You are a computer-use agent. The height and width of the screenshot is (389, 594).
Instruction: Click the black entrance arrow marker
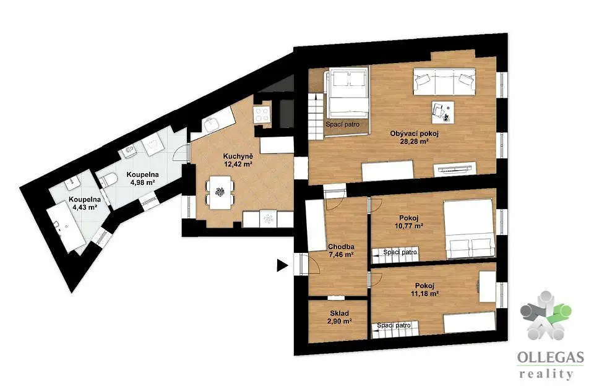(x=282, y=265)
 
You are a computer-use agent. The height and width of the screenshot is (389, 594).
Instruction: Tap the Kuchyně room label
(x=238, y=156)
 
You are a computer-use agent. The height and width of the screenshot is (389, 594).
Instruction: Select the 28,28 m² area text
(x=415, y=142)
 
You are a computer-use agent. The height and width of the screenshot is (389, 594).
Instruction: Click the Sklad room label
(x=340, y=314)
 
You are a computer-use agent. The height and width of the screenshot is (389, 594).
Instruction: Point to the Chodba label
(x=341, y=247)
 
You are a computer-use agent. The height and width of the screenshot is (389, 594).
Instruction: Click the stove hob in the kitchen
(x=262, y=114)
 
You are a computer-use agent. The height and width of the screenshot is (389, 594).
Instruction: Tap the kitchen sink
(x=209, y=124)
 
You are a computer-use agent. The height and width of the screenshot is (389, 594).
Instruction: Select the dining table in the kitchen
(x=220, y=192)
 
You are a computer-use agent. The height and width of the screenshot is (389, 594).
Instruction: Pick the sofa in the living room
(x=444, y=82)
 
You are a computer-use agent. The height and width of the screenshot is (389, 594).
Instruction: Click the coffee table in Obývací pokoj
(x=442, y=112)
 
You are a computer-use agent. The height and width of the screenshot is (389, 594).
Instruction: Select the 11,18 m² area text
(x=424, y=293)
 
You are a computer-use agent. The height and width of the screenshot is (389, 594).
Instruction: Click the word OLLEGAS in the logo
(x=551, y=357)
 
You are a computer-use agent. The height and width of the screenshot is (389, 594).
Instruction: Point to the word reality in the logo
(x=546, y=375)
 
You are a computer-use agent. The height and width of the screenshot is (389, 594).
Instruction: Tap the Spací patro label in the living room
(x=342, y=124)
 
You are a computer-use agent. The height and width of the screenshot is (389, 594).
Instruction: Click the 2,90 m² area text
(x=340, y=321)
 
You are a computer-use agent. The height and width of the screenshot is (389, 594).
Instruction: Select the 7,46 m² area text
(x=341, y=255)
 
